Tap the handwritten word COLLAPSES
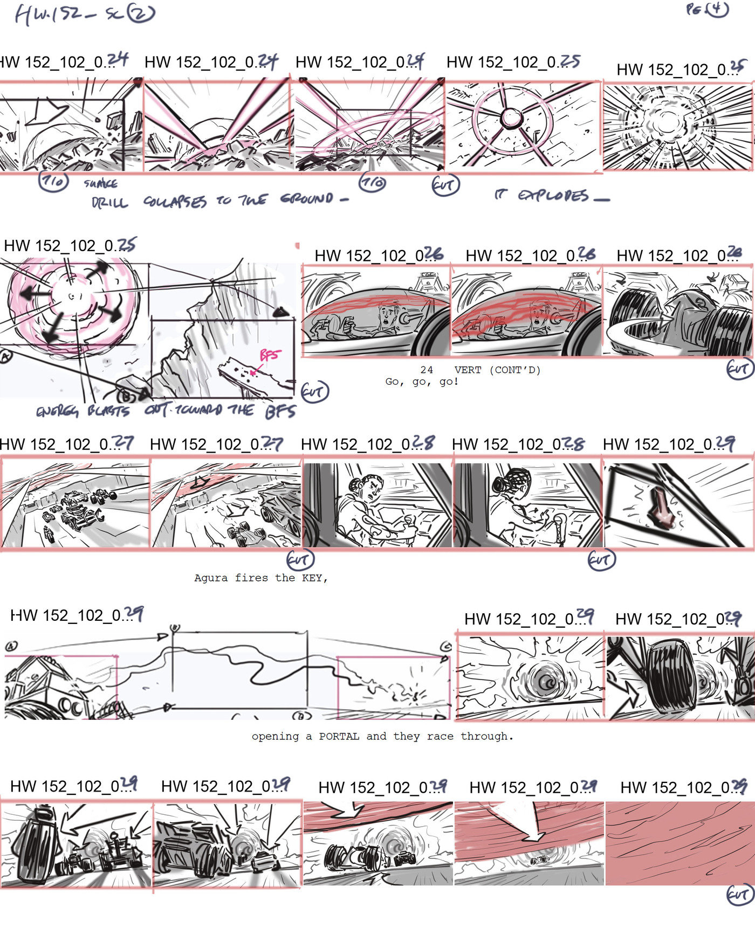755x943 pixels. coord(175,202)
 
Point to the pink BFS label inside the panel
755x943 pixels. coord(270,355)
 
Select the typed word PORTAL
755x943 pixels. coord(339,736)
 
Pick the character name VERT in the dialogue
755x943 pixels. coord(468,370)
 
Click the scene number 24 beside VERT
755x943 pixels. coord(427,370)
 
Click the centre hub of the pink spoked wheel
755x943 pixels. coord(510,117)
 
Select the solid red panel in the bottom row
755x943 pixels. coord(679,843)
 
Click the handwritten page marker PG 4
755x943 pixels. coord(707,9)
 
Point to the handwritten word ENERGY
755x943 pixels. coord(57,412)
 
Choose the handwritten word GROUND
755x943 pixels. coord(307,199)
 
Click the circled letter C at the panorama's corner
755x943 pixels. coord(446,646)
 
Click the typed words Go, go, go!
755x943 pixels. coord(422,382)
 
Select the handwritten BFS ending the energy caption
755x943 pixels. coord(280,412)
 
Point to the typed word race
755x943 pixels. coord(440,736)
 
